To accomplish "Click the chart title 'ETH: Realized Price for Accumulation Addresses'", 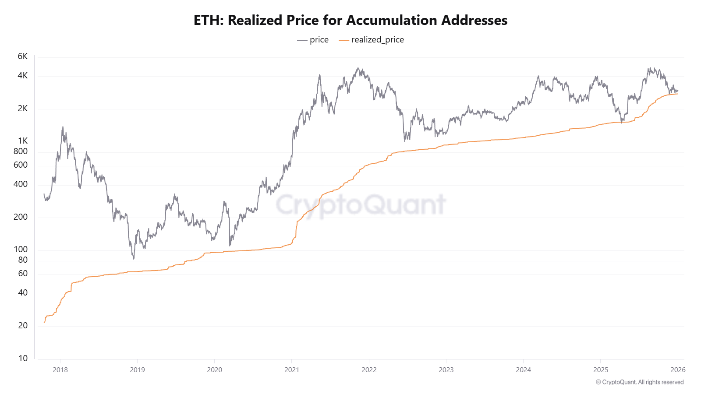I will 350,20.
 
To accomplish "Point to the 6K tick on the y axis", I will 23,56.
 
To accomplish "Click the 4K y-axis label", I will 23,76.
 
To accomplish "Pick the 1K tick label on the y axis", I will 23,141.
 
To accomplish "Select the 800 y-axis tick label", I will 21,151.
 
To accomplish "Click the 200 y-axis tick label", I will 21,217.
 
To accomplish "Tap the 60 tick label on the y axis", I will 23,274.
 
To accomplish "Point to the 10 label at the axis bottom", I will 23,359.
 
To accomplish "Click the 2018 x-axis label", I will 60,370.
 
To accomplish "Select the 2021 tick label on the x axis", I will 292,370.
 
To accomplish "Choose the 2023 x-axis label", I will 446,370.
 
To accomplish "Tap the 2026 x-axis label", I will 677,370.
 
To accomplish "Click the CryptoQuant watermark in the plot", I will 360,204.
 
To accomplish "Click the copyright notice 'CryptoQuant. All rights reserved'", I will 640,382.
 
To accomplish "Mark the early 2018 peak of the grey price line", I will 63,127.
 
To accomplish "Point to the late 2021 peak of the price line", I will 358,68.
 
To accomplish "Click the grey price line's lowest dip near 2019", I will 134,258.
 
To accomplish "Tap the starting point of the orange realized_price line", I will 44,323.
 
